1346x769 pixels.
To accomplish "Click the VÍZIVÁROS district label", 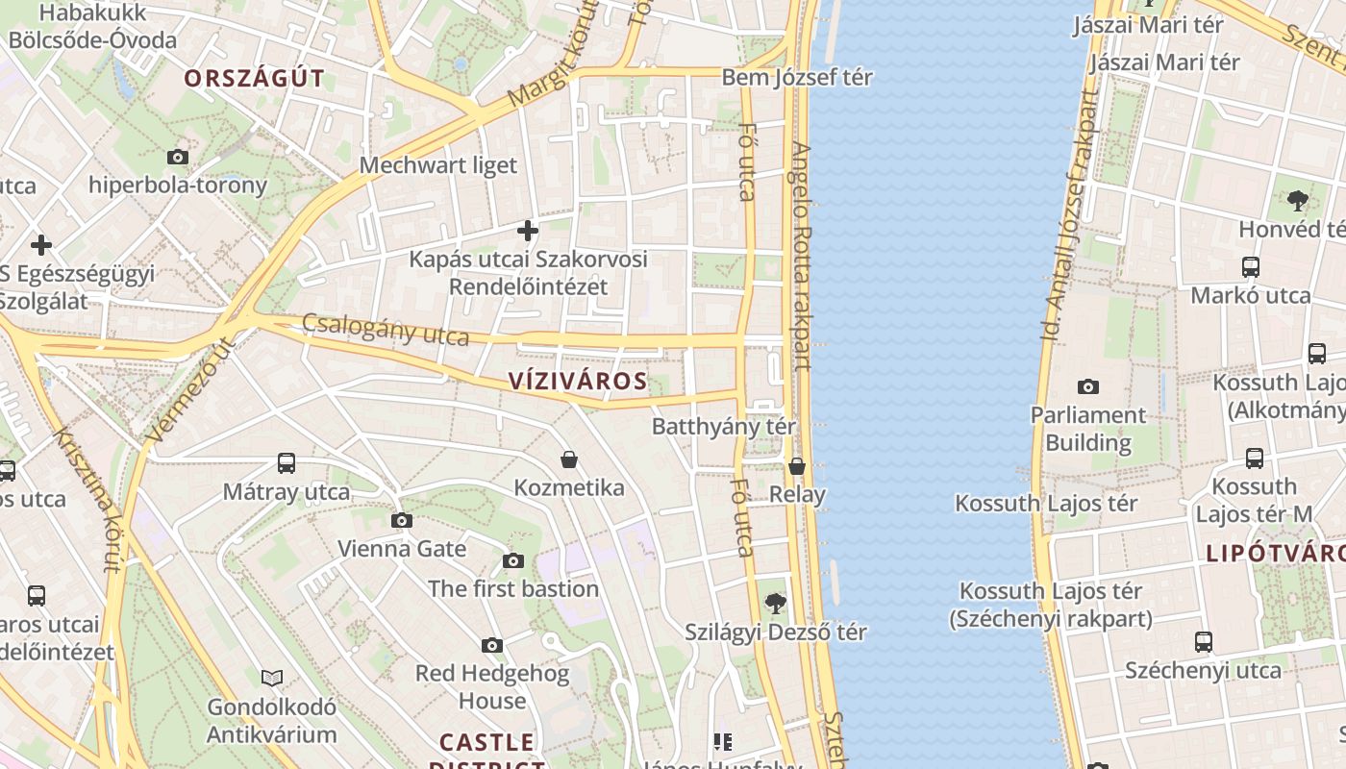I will (x=577, y=381).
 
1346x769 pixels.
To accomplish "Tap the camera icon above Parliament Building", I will (x=1088, y=386).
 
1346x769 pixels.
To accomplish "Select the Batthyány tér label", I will (x=724, y=426).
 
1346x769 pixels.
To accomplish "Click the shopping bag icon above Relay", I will (x=797, y=467).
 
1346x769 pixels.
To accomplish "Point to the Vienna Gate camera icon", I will (x=402, y=521).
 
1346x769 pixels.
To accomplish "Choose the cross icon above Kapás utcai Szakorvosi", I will (x=528, y=231).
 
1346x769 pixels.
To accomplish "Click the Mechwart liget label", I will (x=438, y=165).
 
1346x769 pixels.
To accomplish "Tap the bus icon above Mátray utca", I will (x=287, y=463).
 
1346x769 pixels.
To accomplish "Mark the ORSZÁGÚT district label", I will (x=255, y=79).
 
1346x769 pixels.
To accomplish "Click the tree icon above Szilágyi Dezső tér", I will (x=775, y=604).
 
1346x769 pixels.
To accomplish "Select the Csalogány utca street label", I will (x=386, y=330).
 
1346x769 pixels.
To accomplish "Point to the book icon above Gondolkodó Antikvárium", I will (x=272, y=679).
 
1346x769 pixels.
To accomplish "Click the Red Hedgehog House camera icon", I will (x=492, y=645).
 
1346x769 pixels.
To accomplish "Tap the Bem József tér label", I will (x=797, y=77).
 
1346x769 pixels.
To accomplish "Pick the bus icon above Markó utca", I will (x=1251, y=266).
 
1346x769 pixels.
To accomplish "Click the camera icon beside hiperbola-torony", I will (x=178, y=157).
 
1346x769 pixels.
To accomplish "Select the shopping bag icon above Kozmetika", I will (x=569, y=459).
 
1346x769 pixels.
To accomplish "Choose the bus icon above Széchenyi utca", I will (x=1203, y=641).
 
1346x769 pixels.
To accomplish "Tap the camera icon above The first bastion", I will (x=513, y=560).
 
